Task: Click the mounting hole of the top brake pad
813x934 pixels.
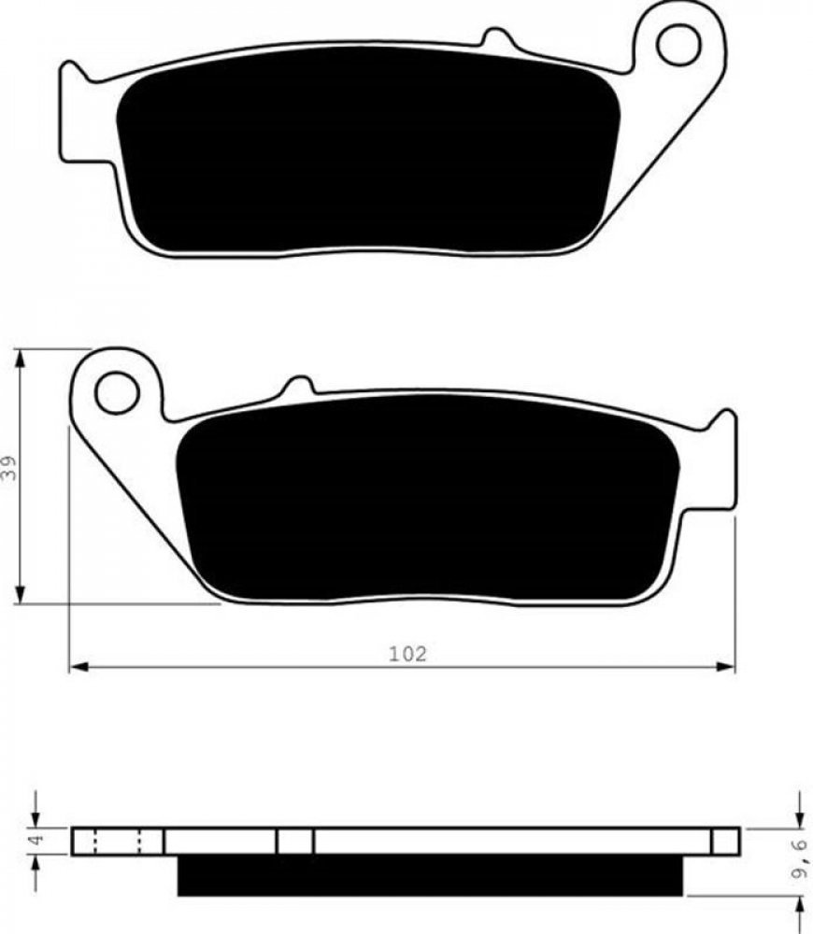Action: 678,44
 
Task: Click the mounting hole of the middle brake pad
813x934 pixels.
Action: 117,392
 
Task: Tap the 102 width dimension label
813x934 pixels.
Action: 408,654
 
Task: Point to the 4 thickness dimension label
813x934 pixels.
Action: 36,841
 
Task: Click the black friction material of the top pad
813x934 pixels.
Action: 368,149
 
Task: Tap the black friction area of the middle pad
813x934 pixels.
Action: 428,498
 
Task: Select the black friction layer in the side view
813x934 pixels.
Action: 431,875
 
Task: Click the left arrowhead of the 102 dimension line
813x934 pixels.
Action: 79,667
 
